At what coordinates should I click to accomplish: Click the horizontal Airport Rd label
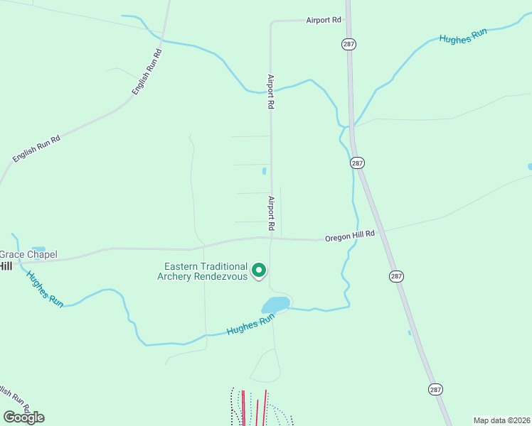click(x=324, y=21)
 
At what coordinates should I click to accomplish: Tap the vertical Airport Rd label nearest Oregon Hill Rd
click(x=271, y=213)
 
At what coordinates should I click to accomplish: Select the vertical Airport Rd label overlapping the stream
click(x=270, y=92)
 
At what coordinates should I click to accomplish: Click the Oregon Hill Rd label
click(x=349, y=236)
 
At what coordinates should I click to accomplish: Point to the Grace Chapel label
click(x=28, y=254)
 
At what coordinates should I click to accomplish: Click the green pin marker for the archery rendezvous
click(x=260, y=270)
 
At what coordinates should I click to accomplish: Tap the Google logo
click(x=23, y=417)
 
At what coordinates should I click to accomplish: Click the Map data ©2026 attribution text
click(x=501, y=420)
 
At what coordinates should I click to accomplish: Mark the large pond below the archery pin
click(x=276, y=305)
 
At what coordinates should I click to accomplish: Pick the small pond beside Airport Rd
click(x=264, y=170)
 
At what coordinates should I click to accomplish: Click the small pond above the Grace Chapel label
click(x=38, y=249)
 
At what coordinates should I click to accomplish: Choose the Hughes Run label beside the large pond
click(x=250, y=327)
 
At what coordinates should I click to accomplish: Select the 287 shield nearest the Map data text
click(x=435, y=389)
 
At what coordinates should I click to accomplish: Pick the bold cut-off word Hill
click(x=6, y=266)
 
